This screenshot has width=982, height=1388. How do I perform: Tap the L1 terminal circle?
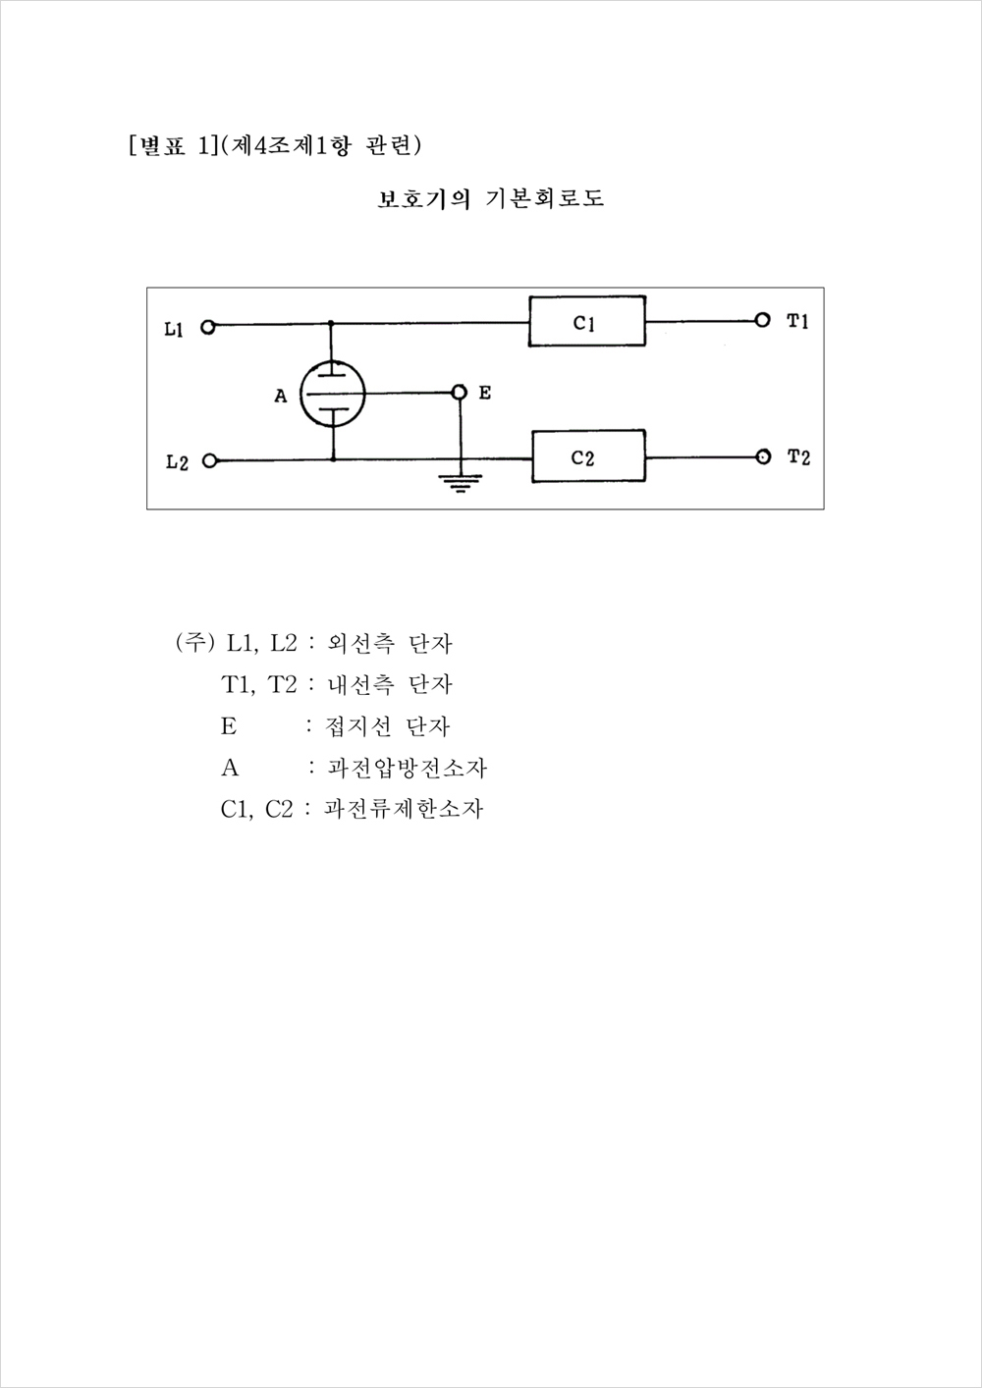[x=208, y=327]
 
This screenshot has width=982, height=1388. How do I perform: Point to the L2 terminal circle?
[x=210, y=461]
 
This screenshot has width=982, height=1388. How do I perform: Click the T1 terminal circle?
[x=763, y=320]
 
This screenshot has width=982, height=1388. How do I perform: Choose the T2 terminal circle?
[x=763, y=456]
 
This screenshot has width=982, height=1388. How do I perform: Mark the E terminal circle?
[x=460, y=392]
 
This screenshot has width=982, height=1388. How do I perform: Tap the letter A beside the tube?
[x=281, y=396]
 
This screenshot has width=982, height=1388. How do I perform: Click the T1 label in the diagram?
[x=797, y=321]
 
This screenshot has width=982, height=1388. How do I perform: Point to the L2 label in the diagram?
[x=177, y=462]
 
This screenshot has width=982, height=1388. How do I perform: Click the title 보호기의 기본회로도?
[x=490, y=199]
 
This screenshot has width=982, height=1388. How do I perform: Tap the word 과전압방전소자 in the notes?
[x=407, y=769]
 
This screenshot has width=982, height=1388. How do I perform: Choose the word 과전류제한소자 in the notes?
[x=403, y=809]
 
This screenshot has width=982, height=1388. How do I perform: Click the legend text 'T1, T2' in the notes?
[x=259, y=685]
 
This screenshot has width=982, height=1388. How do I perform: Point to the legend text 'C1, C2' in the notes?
[x=256, y=810]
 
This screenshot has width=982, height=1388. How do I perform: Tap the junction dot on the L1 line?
[x=330, y=324]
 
